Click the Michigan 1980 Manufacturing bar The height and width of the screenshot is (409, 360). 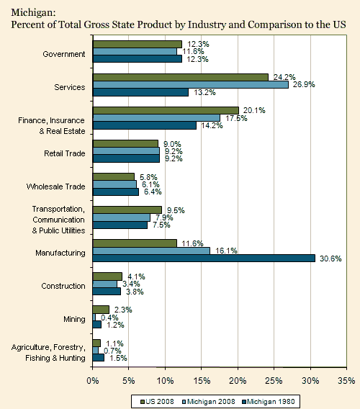point(204,258)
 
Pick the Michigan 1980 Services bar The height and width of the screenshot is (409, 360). point(140,92)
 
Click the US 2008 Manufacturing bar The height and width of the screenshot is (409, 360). point(135,243)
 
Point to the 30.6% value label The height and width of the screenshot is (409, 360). point(330,258)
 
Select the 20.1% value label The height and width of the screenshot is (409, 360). point(253,110)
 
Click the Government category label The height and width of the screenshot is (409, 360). point(64,54)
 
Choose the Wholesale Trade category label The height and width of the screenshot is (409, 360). point(56,186)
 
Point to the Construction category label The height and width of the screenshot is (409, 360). point(63,286)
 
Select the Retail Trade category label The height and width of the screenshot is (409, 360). point(65,153)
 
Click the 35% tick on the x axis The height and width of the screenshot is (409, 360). point(346,379)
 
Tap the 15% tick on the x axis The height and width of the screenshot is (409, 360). point(202,379)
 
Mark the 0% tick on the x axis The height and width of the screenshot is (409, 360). point(93,379)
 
